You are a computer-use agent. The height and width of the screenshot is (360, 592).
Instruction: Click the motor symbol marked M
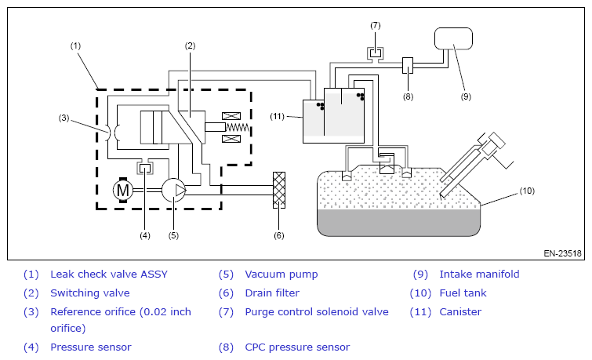click(x=123, y=190)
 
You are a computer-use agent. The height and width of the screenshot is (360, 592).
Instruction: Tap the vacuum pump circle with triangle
click(x=174, y=190)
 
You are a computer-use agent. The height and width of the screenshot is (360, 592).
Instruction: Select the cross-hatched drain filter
click(x=279, y=190)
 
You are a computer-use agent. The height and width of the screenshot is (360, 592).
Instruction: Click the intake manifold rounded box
click(x=453, y=38)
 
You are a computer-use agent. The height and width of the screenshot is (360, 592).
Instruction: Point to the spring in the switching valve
click(x=238, y=127)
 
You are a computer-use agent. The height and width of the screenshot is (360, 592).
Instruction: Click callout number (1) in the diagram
click(x=75, y=45)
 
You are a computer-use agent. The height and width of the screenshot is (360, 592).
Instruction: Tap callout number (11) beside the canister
click(x=277, y=116)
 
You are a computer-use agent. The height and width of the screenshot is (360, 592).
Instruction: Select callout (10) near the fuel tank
click(x=527, y=191)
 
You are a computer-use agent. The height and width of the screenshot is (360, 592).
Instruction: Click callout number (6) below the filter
click(x=278, y=235)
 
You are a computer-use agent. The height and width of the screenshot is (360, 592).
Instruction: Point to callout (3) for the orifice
click(x=64, y=118)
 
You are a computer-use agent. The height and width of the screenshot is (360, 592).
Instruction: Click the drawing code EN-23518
click(x=562, y=253)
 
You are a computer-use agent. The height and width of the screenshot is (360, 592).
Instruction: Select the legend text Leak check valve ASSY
click(x=109, y=275)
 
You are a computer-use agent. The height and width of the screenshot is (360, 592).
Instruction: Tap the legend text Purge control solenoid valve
click(x=317, y=312)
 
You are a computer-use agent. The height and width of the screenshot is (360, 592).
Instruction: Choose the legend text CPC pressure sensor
click(x=297, y=347)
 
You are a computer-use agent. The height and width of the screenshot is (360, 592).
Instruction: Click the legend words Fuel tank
click(x=463, y=293)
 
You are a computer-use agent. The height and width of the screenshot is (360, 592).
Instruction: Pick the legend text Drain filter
click(x=272, y=293)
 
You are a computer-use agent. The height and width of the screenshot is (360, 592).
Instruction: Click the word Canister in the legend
click(x=460, y=312)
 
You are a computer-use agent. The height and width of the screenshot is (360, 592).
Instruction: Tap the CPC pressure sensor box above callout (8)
click(x=408, y=65)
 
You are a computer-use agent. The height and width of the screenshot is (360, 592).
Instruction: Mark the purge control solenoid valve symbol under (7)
click(x=376, y=53)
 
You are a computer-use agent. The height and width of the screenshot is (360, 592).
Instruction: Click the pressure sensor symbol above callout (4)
click(x=145, y=167)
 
